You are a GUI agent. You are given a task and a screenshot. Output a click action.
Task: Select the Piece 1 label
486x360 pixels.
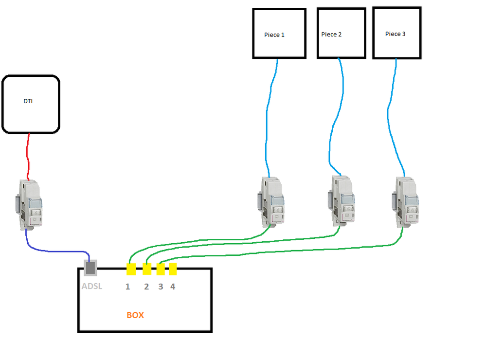[274, 35]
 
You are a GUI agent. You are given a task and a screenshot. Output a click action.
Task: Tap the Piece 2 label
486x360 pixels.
[331, 35]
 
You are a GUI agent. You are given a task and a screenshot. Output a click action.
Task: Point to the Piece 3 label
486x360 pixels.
[395, 34]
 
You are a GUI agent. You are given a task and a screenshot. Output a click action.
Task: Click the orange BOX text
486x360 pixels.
[135, 315]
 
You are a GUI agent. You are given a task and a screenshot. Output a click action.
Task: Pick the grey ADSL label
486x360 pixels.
[92, 286]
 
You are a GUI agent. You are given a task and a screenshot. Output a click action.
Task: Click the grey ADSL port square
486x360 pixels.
[90, 267]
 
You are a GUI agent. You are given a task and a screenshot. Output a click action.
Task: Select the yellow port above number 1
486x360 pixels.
[131, 269]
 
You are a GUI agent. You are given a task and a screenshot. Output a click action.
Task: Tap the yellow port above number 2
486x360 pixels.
[147, 269]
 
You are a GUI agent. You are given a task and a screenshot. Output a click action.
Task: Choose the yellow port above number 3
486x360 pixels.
[161, 269]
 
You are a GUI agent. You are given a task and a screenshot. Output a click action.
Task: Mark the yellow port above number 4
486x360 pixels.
[173, 269]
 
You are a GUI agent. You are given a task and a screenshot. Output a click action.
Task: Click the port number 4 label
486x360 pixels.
[173, 287]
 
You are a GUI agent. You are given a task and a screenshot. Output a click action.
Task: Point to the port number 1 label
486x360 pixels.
[127, 287]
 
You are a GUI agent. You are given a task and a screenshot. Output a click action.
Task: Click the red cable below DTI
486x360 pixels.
[28, 156]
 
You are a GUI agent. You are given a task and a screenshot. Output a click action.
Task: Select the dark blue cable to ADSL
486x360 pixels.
[54, 250]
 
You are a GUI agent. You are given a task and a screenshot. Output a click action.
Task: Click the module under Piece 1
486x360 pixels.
[270, 201]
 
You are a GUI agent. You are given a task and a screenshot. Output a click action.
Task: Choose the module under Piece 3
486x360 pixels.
[405, 201]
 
